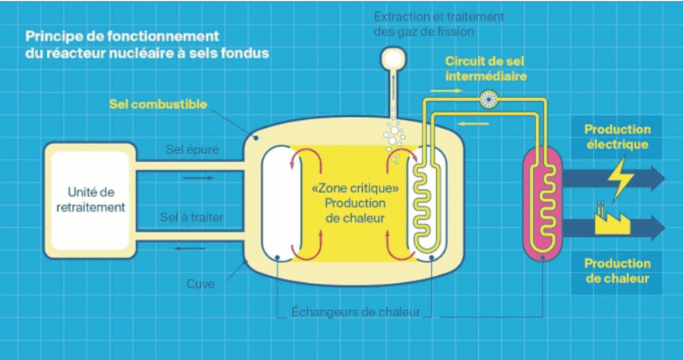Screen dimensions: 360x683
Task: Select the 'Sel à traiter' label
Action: point(191,216)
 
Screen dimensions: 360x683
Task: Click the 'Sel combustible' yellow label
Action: point(158,105)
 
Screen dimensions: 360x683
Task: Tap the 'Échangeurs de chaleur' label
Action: point(355,312)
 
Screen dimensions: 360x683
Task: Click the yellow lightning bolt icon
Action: point(620,176)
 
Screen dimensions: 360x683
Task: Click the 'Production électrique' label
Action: point(617,137)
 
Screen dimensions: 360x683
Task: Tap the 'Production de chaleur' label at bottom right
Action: point(617,271)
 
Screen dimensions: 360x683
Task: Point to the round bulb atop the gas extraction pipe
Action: point(391,57)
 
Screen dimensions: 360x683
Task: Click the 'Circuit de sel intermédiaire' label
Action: point(486,68)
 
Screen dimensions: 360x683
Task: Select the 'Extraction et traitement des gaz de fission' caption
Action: point(438,24)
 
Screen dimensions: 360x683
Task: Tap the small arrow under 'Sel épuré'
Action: point(198,178)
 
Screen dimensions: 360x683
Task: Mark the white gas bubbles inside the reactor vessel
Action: point(395,135)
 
